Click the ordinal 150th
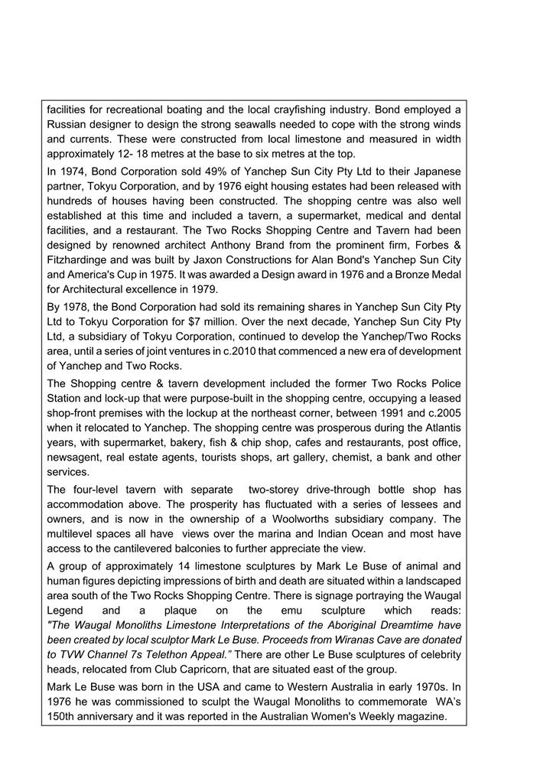point(65,716)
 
